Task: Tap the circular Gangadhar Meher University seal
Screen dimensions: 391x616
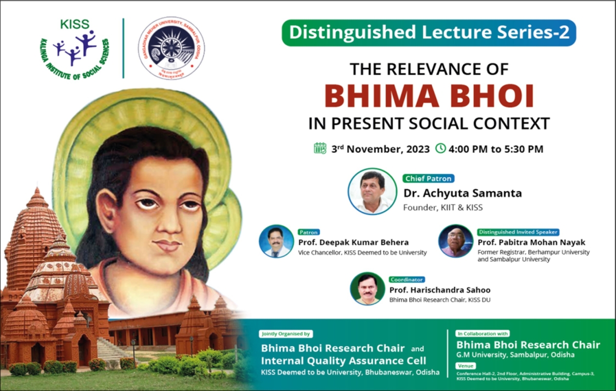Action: click(x=171, y=48)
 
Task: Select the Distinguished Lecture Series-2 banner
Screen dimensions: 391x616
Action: click(x=429, y=33)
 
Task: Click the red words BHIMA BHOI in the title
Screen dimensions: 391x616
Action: click(x=429, y=96)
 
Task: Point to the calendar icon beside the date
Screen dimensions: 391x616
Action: click(x=320, y=148)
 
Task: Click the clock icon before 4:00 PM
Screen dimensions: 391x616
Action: click(x=440, y=148)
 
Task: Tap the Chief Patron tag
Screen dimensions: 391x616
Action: click(x=428, y=179)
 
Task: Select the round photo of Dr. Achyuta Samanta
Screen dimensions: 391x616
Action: click(x=372, y=191)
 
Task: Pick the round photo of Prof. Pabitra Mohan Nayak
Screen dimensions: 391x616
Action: click(x=455, y=241)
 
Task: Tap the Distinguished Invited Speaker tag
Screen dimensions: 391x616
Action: click(x=518, y=232)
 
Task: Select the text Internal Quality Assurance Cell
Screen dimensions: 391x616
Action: click(x=343, y=360)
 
